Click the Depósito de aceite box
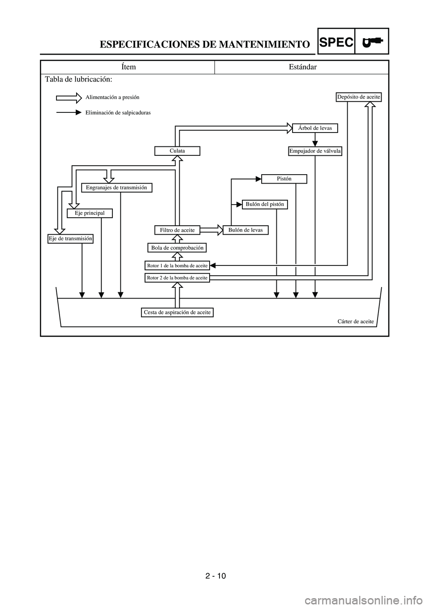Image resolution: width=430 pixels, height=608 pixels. point(358,97)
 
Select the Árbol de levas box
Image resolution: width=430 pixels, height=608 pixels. point(315,128)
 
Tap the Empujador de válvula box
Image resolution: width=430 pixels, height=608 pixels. point(315,151)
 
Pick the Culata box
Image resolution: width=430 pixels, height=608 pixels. point(177,151)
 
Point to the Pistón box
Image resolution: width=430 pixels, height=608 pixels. point(284,179)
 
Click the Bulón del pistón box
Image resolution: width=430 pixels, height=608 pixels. point(265,204)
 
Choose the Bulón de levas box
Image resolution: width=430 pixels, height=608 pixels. point(245,230)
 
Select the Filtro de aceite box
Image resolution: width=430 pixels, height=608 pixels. point(177,230)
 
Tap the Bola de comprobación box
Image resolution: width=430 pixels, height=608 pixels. point(177,248)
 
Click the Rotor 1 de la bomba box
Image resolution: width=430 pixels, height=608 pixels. point(177,265)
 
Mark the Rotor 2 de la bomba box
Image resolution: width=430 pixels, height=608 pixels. point(177,278)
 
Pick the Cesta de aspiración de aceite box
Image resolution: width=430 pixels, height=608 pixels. point(177,312)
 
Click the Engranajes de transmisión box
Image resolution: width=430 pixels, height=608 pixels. point(116,188)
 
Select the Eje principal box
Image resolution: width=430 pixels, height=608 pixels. point(90,213)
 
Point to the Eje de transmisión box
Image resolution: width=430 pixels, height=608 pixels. point(70,239)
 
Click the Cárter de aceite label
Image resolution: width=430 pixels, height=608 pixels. point(355,321)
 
